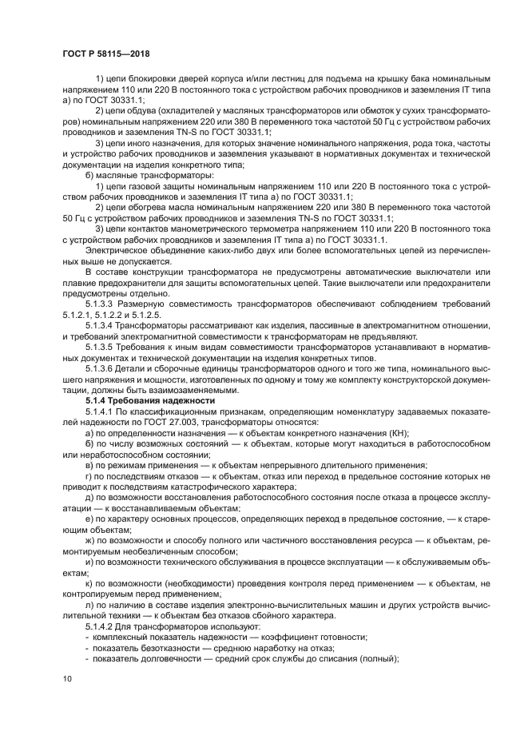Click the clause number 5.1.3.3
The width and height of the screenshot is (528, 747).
(102, 304)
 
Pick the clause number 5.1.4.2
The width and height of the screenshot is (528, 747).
(102, 626)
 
